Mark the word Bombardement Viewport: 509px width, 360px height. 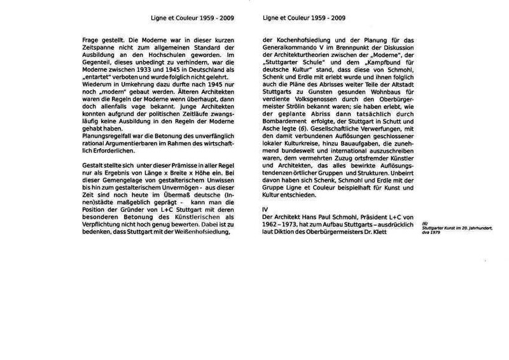tap(287, 114)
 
